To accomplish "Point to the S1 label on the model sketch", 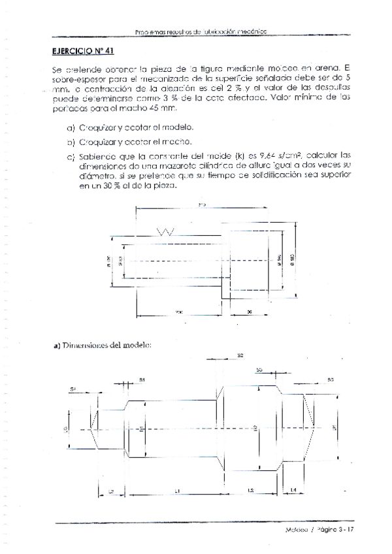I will point(142,380).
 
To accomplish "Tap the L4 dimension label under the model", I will point(293,489).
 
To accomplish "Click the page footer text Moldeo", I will point(297,530).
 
